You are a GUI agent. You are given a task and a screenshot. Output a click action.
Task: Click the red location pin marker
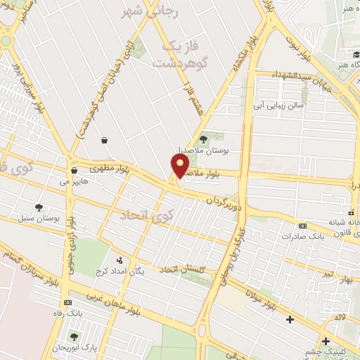point(180,165)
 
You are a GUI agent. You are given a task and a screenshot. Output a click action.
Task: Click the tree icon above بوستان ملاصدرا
point(204,139)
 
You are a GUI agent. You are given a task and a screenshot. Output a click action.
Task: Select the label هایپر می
point(75,181)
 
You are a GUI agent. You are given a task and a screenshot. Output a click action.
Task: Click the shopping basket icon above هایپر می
point(74,170)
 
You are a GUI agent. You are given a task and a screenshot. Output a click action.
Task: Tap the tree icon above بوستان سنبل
point(38,207)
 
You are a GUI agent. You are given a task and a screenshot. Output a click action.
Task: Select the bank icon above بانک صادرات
point(302,226)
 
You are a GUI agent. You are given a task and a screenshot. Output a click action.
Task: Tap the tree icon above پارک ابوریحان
point(73,336)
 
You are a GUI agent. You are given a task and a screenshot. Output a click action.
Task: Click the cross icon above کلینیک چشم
point(326,342)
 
